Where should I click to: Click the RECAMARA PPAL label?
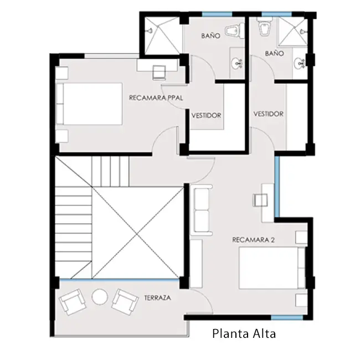[156, 98]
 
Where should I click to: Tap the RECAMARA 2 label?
[254, 240]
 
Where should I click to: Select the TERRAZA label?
[157, 298]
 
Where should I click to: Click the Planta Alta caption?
[244, 334]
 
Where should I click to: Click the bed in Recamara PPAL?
[89, 104]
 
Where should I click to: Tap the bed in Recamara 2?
[272, 268]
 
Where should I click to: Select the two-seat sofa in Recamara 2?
[202, 210]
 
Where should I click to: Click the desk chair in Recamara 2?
[260, 200]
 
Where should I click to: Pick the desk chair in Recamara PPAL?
[159, 73]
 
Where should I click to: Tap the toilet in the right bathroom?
[264, 27]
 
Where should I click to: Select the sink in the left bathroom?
[236, 63]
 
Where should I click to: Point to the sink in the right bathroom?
[300, 62]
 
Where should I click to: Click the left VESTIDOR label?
[206, 115]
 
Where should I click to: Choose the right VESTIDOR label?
[269, 114]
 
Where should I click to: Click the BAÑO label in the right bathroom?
[275, 53]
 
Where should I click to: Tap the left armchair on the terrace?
[73, 302]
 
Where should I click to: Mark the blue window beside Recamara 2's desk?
[277, 187]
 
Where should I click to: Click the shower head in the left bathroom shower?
[151, 30]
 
